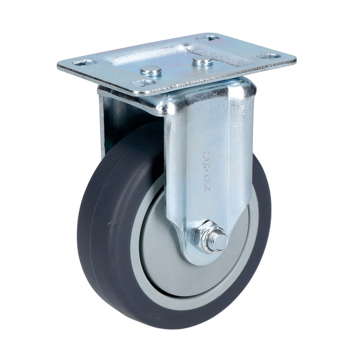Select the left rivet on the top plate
click(x=151, y=70)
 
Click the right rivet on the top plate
click(x=202, y=61)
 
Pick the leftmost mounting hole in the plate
click(x=84, y=63)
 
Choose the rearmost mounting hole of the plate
click(x=208, y=38)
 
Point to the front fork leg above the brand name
click(x=208, y=118)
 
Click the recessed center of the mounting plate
click(x=170, y=57)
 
